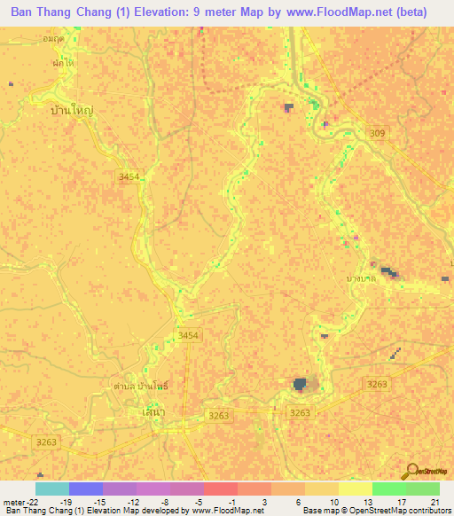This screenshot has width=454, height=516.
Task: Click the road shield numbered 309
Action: coord(380,133)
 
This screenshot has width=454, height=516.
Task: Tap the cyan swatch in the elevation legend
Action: coord(51,489)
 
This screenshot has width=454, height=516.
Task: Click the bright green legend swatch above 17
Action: coord(388,489)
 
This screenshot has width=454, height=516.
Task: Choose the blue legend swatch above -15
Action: coord(86,489)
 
